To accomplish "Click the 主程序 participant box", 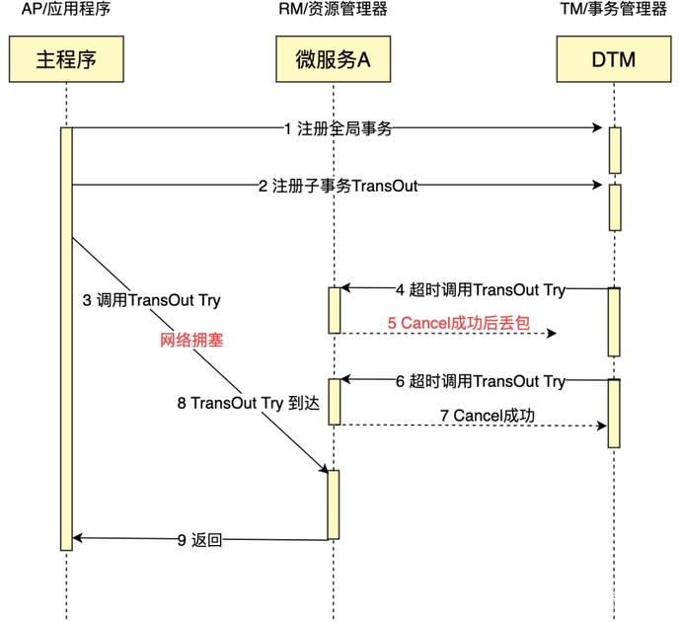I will pos(67,59).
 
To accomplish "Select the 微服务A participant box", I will pos(334,59).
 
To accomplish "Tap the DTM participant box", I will pos(614,59).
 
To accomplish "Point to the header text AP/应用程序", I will pos(67,11).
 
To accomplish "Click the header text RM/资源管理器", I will pos(334,11).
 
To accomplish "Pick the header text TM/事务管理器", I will pos(614,11).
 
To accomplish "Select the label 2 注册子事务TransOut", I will pos(338,185).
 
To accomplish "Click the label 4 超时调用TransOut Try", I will pos(480,289).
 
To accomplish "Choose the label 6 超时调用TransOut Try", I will pos(480,381).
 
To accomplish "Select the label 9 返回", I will pos(199,539).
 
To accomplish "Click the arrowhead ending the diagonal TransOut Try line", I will pos(324,466).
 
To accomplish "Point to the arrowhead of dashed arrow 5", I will pos(553,334).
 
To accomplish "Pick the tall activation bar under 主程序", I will pos(67,336).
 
